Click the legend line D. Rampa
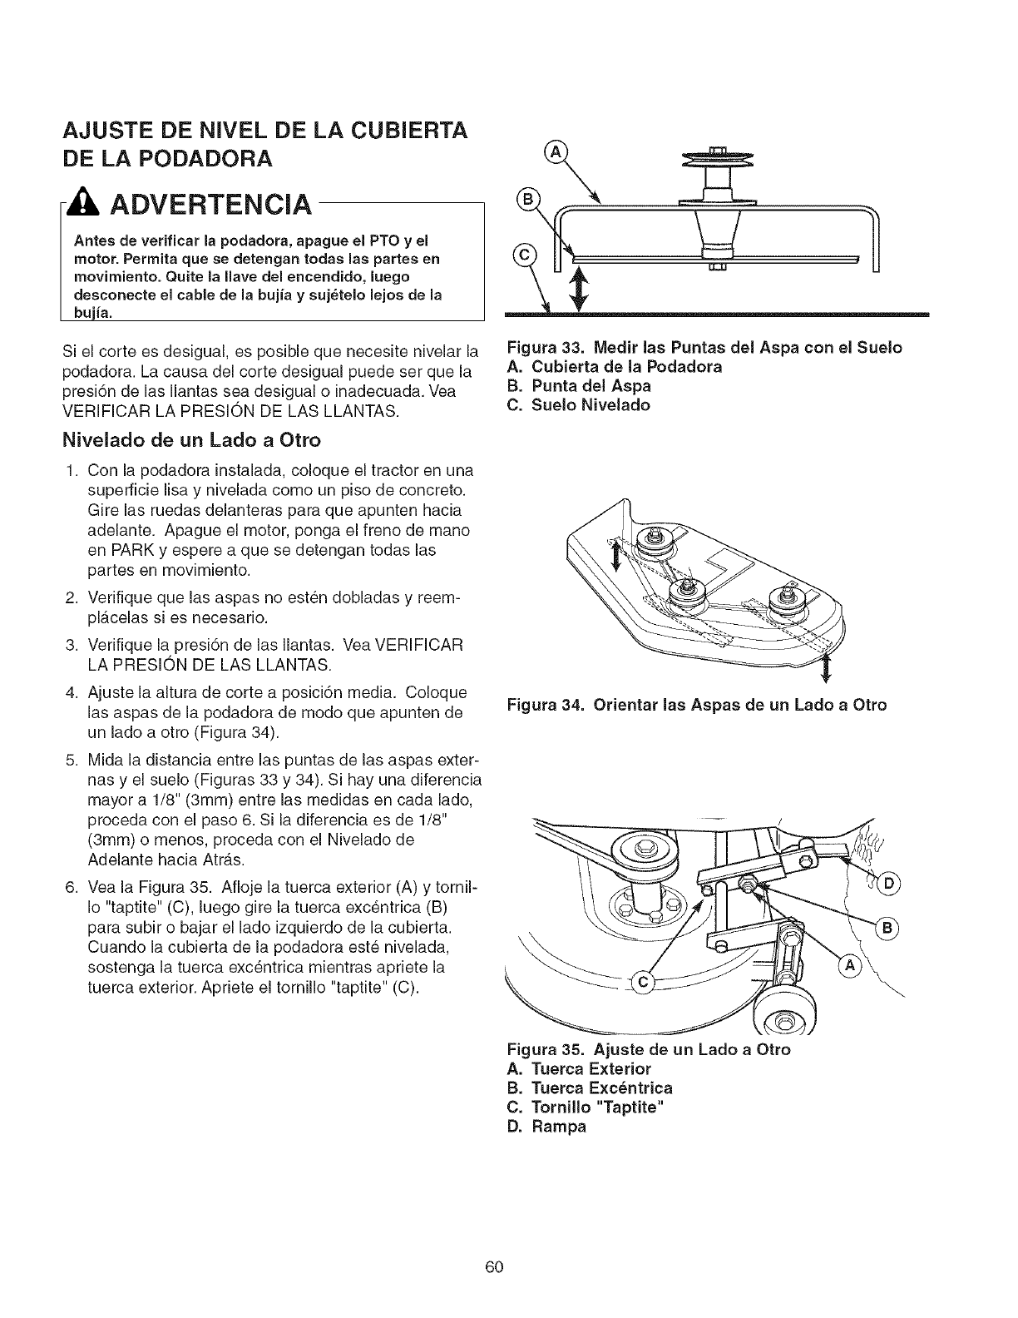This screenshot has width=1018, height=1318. (546, 1127)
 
